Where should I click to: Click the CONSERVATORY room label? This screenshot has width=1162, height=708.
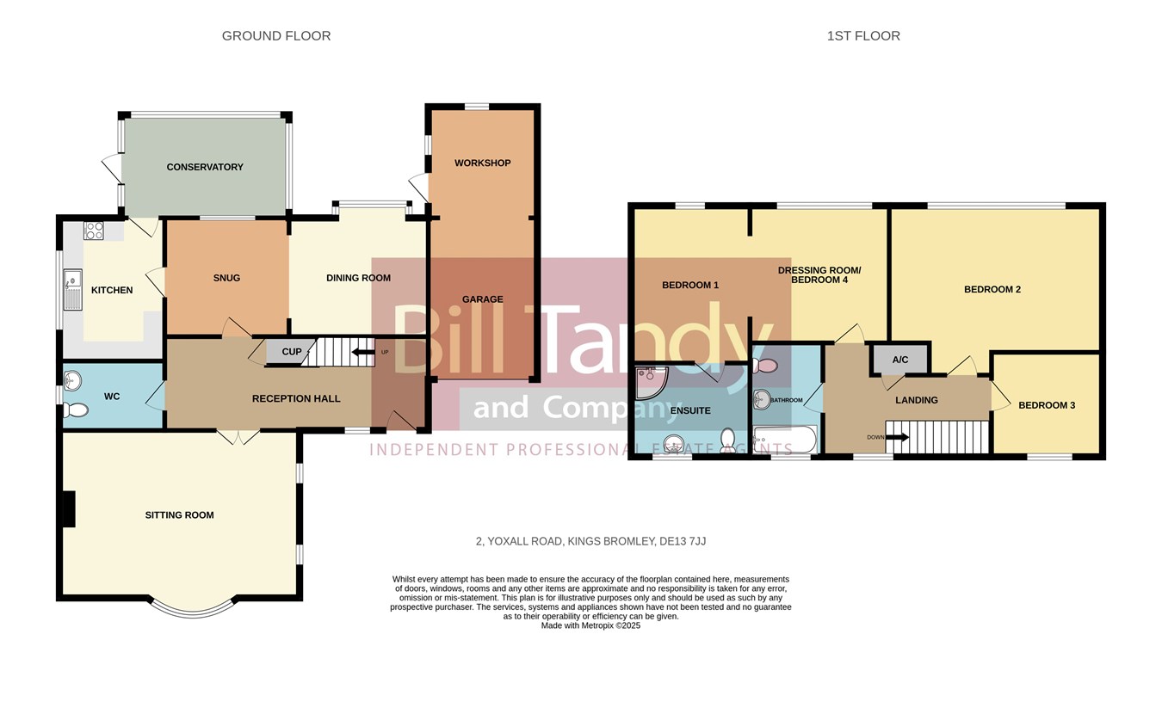(x=205, y=167)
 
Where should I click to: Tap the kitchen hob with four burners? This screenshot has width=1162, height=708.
(x=94, y=231)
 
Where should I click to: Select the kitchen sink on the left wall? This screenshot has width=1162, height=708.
(x=72, y=290)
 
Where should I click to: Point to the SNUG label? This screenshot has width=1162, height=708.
(x=226, y=278)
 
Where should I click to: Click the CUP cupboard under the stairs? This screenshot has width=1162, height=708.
(x=291, y=352)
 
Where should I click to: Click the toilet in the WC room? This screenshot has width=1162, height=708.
(x=76, y=410)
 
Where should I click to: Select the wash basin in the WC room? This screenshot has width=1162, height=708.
(x=72, y=381)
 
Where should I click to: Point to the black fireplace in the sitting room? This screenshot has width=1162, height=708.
(x=69, y=509)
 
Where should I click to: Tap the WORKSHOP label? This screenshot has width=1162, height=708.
(x=482, y=163)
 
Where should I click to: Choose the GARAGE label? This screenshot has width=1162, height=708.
(x=482, y=299)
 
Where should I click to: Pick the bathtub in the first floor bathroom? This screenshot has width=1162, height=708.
(x=785, y=440)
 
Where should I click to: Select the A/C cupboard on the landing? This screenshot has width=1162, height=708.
(x=900, y=360)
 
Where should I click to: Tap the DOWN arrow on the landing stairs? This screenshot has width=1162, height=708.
(x=897, y=437)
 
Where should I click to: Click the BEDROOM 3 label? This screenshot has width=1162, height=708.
(x=1047, y=405)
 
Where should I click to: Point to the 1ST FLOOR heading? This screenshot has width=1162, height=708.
(x=863, y=36)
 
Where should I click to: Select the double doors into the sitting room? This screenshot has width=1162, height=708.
(x=238, y=436)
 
